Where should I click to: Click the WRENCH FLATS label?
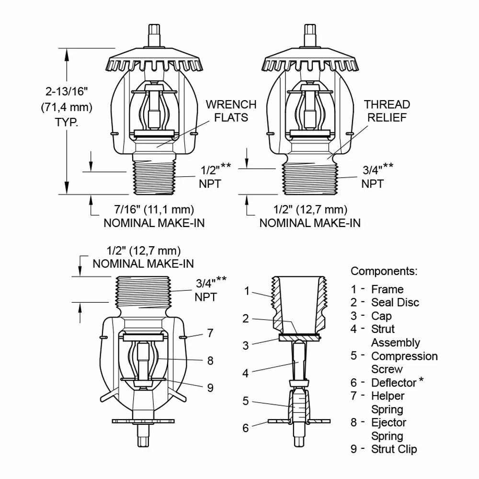(x=231, y=111)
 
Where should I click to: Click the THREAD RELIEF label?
(x=387, y=111)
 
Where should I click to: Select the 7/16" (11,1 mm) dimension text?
(x=147, y=209)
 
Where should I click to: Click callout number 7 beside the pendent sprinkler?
(x=211, y=333)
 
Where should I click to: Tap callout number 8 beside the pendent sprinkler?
(x=211, y=360)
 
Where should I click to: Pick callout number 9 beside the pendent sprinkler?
(x=211, y=388)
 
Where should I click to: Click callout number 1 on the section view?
(x=247, y=291)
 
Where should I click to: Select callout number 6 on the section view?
(x=246, y=428)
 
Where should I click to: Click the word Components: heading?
(x=384, y=271)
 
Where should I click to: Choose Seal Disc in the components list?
(x=395, y=302)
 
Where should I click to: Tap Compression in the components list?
(x=404, y=356)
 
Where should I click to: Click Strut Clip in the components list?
(x=394, y=449)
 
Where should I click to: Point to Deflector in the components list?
(x=394, y=383)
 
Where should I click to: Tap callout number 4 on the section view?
(x=246, y=373)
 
